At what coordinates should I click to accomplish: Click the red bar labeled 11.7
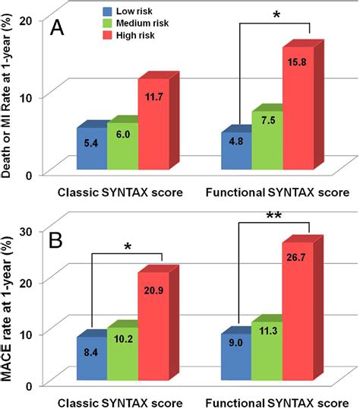click(152, 125)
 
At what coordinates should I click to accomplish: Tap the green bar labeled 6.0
click(121, 147)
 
